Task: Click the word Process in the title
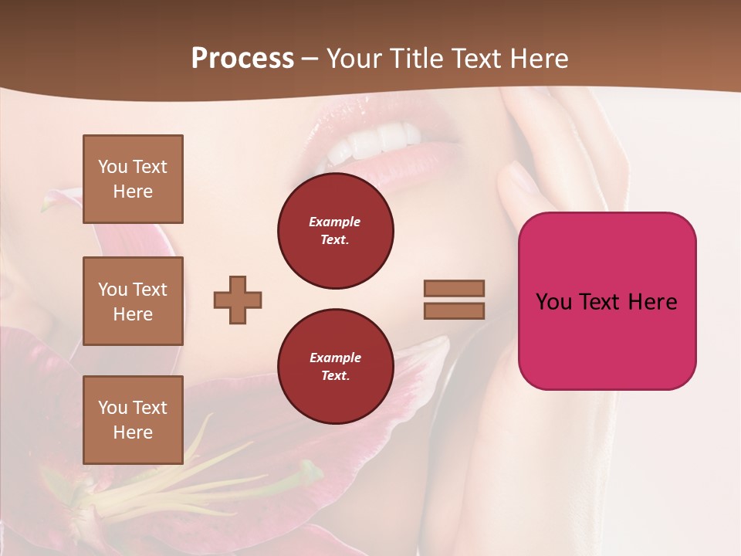242,59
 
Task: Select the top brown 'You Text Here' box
133,179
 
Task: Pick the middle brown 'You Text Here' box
133,301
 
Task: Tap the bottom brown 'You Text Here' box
133,420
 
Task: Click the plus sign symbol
238,299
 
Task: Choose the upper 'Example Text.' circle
335,231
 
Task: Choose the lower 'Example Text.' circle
335,366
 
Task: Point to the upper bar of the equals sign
454,288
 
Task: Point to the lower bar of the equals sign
454,310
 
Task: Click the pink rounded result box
607,340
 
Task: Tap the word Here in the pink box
653,302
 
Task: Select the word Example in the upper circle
335,222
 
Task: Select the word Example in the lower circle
335,358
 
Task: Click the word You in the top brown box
112,167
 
